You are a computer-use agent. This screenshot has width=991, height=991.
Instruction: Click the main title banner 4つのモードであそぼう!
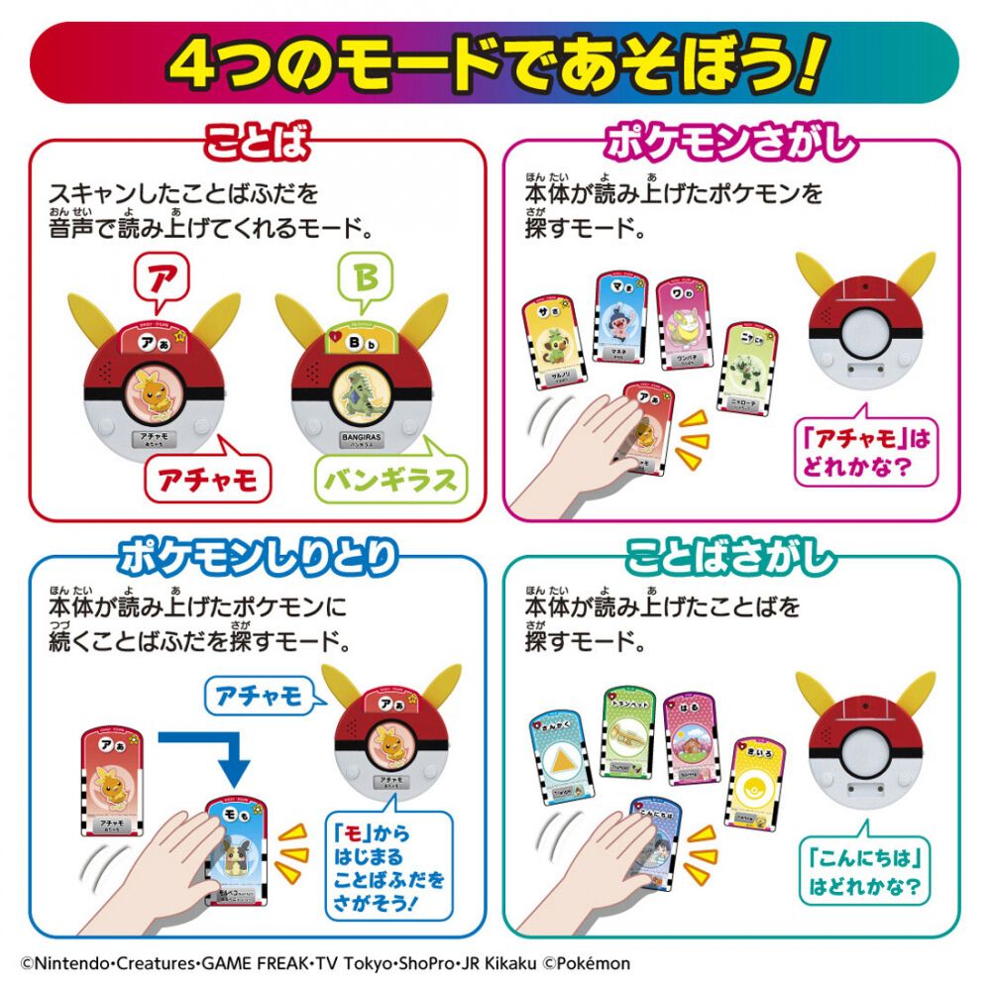[495, 62]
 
